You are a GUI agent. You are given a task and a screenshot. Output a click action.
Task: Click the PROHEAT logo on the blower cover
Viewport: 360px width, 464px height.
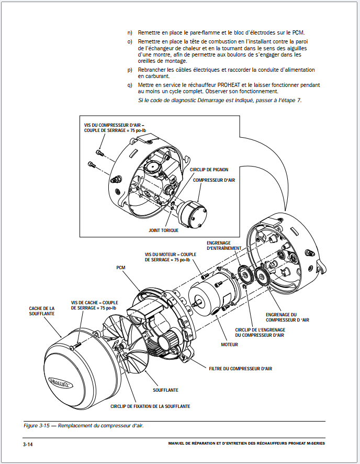(60, 382)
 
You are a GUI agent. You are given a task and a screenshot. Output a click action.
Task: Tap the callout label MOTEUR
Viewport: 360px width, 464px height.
(229, 345)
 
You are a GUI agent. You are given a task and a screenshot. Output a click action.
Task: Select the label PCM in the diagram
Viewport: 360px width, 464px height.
(121, 268)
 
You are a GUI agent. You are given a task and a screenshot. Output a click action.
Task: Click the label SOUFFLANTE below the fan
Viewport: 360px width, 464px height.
(165, 390)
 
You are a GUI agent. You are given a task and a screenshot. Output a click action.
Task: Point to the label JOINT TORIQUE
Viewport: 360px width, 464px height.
(163, 230)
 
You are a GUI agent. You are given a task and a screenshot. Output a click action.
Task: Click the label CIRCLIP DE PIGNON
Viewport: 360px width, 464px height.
(209, 170)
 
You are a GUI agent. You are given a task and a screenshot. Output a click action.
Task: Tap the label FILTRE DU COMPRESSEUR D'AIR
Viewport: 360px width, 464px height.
(241, 369)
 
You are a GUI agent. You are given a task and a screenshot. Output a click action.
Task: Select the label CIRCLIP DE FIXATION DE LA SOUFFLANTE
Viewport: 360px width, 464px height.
(150, 406)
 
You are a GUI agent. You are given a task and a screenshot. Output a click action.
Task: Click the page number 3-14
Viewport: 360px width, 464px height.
(28, 444)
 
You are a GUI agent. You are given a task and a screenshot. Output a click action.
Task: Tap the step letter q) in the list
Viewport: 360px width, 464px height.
(130, 85)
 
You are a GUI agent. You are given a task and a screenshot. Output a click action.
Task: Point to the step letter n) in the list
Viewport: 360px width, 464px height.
(130, 32)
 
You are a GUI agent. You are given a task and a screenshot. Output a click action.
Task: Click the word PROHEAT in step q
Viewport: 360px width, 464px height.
(229, 85)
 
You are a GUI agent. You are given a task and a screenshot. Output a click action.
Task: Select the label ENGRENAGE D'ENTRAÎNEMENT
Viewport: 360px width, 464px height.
(224, 246)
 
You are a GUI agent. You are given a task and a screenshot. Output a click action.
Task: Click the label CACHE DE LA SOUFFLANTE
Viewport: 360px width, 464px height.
(42, 311)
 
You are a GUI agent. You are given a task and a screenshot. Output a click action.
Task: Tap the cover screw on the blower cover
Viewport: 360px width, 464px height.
(76, 345)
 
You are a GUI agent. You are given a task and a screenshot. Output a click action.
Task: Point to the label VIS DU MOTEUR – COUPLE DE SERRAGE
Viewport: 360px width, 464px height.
(170, 257)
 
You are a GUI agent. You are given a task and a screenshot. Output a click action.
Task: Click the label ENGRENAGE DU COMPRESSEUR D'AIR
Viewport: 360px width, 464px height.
(287, 317)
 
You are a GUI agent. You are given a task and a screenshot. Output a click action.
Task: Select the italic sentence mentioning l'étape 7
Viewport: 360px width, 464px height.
(220, 101)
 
